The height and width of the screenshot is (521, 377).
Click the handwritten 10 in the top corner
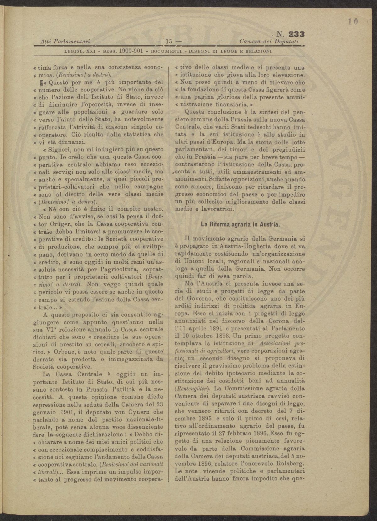click(353, 22)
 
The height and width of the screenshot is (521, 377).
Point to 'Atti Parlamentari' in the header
click(63, 41)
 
